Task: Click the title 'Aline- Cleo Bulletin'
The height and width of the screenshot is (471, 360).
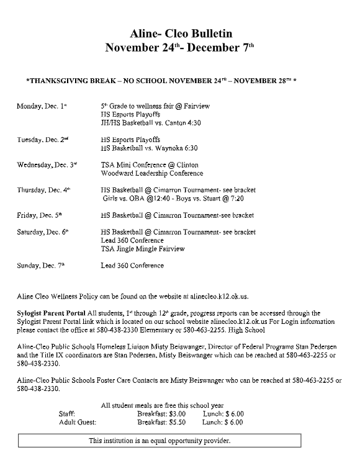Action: (180, 34)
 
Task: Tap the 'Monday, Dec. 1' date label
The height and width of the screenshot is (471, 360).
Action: (41, 106)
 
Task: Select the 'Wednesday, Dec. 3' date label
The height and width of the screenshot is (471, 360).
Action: (47, 164)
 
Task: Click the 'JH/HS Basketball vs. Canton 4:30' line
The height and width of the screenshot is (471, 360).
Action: (151, 123)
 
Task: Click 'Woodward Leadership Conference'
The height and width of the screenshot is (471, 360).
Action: (153, 173)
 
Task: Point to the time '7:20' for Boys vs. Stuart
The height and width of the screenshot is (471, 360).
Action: (237, 199)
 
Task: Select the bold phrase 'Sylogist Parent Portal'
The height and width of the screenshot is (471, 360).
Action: (52, 313)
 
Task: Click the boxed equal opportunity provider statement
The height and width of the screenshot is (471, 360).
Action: (160, 441)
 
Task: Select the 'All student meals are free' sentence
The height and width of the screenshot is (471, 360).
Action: (163, 405)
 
